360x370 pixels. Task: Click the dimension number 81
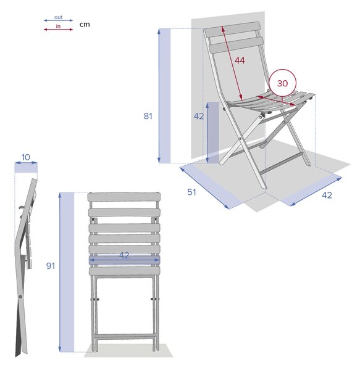pyautogui.click(x=148, y=116)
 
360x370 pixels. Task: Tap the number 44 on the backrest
pyautogui.click(x=240, y=60)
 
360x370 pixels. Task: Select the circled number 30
pyautogui.click(x=282, y=83)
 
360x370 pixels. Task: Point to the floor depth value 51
pyautogui.click(x=191, y=192)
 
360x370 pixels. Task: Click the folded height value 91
pyautogui.click(x=50, y=266)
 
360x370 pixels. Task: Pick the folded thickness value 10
pyautogui.click(x=26, y=157)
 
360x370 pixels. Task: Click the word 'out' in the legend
pyautogui.click(x=58, y=17)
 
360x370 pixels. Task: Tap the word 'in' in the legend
pyautogui.click(x=58, y=26)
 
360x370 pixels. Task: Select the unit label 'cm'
pyautogui.click(x=85, y=25)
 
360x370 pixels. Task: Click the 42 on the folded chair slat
pyautogui.click(x=124, y=255)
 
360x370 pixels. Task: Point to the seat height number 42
pyautogui.click(x=198, y=116)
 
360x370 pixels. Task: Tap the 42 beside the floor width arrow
pyautogui.click(x=327, y=195)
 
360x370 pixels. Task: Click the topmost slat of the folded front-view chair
pyautogui.click(x=124, y=197)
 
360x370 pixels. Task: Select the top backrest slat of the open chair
pyautogui.click(x=232, y=29)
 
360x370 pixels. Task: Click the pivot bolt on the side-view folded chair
pyautogui.click(x=20, y=297)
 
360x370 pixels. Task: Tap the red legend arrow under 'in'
pyautogui.click(x=58, y=30)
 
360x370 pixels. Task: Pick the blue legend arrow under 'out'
pyautogui.click(x=58, y=20)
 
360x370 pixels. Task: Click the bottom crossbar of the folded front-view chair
pyautogui.click(x=125, y=336)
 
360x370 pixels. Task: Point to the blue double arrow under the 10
pyautogui.click(x=26, y=163)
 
